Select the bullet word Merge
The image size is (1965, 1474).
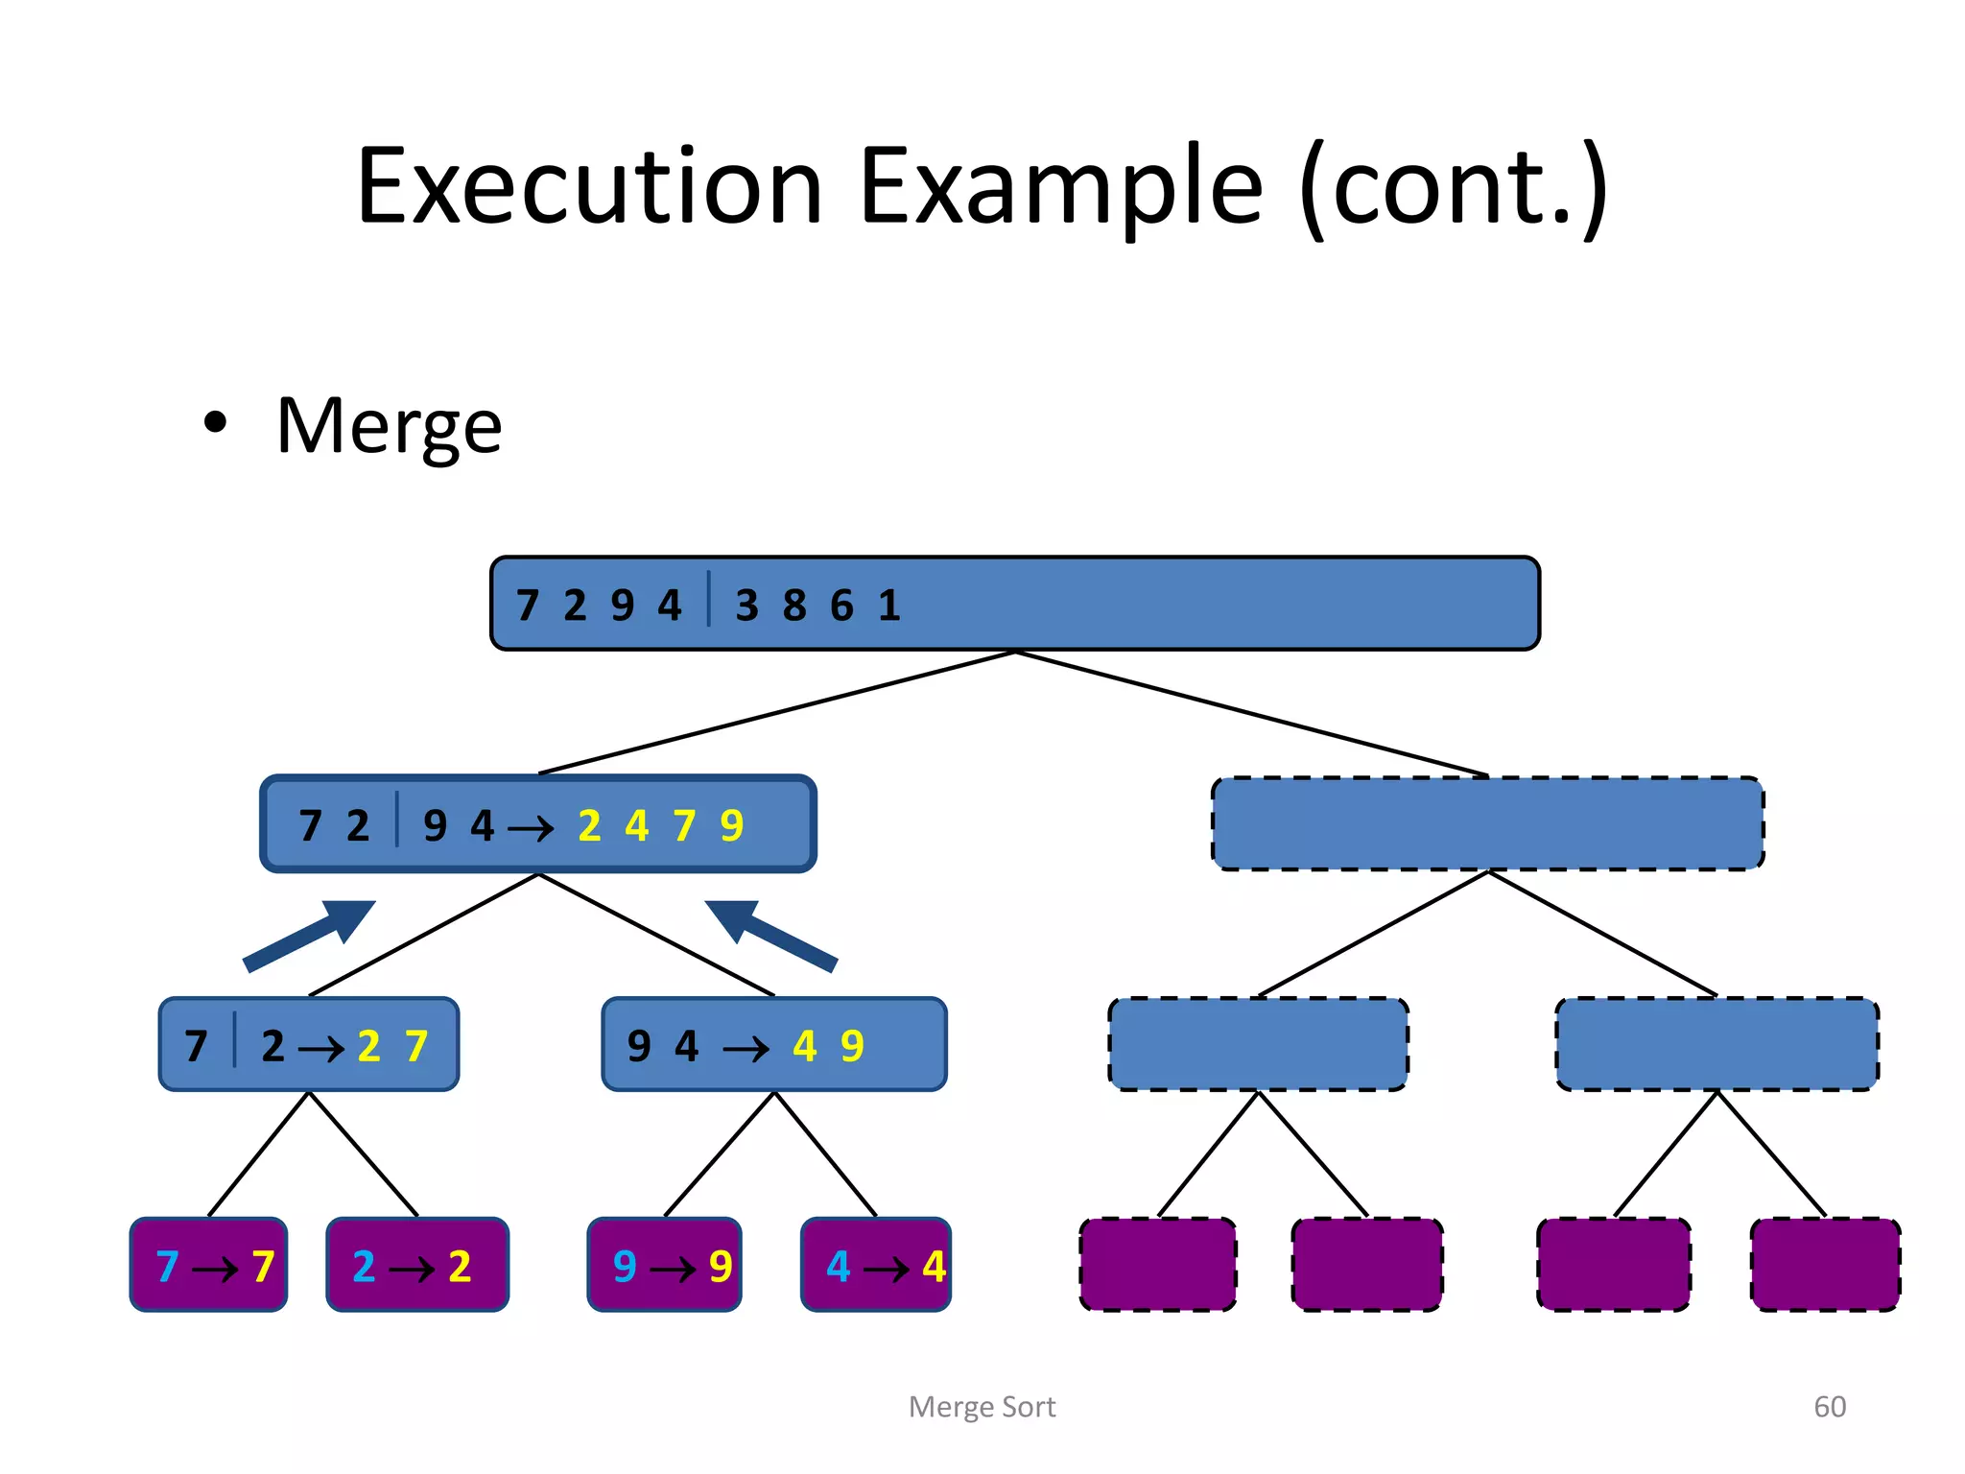point(389,427)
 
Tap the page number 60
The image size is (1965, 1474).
point(1829,1407)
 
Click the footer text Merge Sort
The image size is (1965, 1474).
point(982,1407)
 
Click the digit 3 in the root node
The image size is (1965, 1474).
point(746,606)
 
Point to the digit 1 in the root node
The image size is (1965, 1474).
point(889,606)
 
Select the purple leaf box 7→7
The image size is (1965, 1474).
point(209,1265)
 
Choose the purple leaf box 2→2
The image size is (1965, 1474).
point(417,1265)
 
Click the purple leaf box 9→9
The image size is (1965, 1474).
point(665,1265)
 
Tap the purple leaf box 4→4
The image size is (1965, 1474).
point(876,1265)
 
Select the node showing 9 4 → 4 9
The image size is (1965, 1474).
point(773,1045)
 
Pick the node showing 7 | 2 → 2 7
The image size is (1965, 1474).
point(309,1045)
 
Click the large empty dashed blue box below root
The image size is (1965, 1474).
point(1487,824)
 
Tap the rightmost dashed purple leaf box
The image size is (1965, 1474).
point(1825,1265)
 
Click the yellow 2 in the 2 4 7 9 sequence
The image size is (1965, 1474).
point(589,826)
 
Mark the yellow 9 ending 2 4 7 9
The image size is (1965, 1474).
point(732,826)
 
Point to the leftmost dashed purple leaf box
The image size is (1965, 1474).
point(1157,1265)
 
